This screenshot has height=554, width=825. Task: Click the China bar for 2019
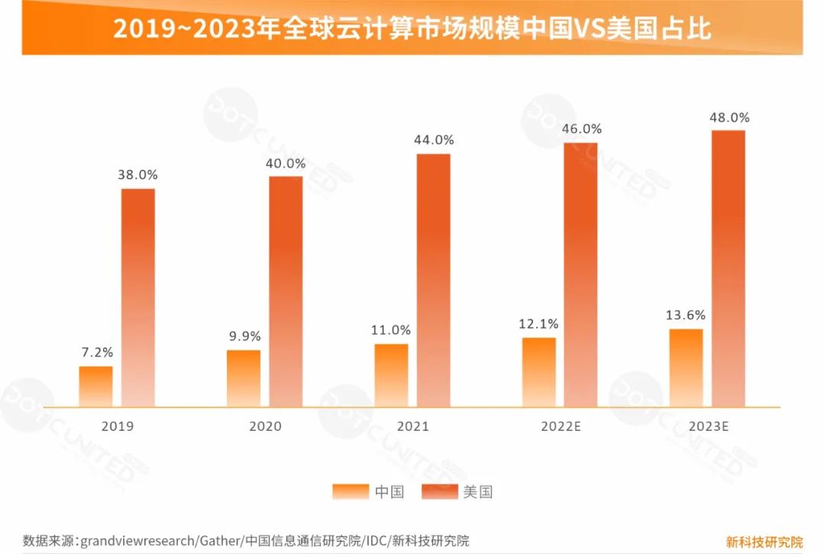coord(95,387)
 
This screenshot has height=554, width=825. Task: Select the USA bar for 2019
coord(138,297)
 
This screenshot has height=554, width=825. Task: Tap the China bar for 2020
coord(243,378)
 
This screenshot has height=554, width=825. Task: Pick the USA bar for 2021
coord(433,280)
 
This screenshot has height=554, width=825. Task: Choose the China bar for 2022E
coord(539,372)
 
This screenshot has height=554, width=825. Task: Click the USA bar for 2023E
coord(728,268)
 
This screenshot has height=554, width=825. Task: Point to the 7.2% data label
coord(97,352)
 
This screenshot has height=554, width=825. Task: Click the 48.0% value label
coord(729,118)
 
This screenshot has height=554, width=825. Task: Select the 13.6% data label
coord(686,315)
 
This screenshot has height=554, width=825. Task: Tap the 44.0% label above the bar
coord(433,140)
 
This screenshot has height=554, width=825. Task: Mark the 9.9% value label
coord(244,336)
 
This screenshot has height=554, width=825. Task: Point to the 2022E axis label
coord(560,426)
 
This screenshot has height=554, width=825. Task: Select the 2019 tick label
coord(117,426)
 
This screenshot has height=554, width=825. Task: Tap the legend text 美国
coord(477,491)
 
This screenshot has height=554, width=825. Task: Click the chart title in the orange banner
coord(412,28)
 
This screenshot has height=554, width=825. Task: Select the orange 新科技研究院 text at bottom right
coord(764,542)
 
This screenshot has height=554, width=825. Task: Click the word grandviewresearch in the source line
coord(137,541)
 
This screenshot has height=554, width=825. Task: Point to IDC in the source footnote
coord(376,541)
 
